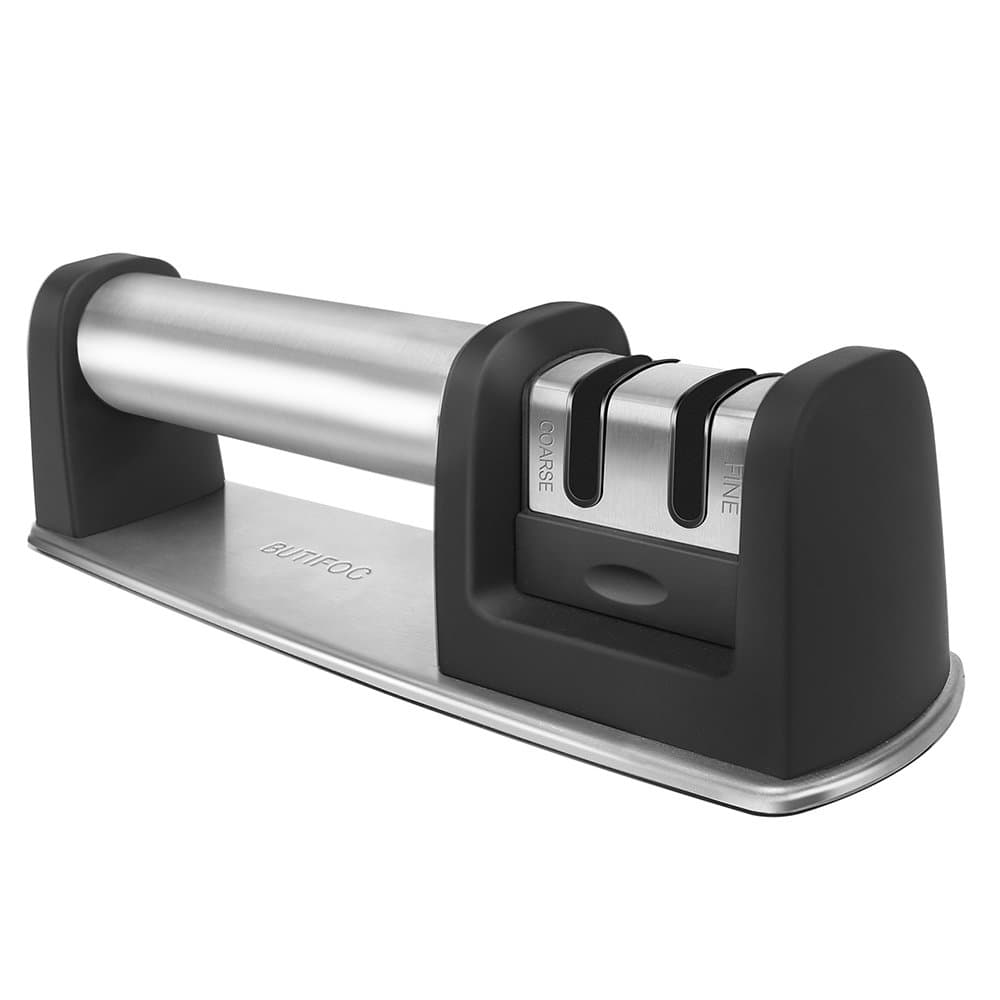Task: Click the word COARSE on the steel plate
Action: tap(546, 456)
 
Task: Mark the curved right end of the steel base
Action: tap(945, 720)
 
